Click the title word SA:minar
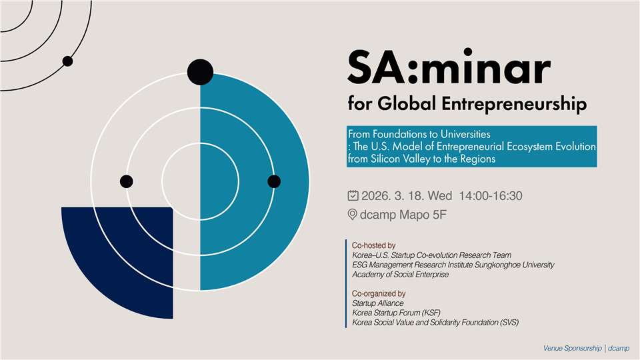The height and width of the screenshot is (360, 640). [x=449, y=67]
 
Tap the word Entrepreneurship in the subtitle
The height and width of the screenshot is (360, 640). [x=514, y=104]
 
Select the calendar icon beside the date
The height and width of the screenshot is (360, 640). [x=353, y=195]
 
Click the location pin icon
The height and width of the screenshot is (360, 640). [x=352, y=214]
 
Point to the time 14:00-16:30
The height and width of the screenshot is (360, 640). [x=491, y=196]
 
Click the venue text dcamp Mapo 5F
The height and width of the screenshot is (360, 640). [x=403, y=215]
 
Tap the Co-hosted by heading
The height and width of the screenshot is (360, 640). [x=374, y=245]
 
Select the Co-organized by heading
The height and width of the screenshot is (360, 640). [x=379, y=293]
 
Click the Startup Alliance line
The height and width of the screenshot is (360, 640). [x=378, y=303]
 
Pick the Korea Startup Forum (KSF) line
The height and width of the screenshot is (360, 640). [x=396, y=313]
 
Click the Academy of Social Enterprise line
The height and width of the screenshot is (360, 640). [x=401, y=274]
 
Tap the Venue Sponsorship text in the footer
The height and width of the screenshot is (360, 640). [x=572, y=348]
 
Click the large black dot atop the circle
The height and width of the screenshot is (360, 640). [x=200, y=72]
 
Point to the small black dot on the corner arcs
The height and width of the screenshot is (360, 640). [x=68, y=61]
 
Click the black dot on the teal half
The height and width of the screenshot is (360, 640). [x=274, y=181]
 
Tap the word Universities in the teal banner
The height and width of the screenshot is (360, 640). [x=465, y=134]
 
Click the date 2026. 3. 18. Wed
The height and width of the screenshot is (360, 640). [x=407, y=196]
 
